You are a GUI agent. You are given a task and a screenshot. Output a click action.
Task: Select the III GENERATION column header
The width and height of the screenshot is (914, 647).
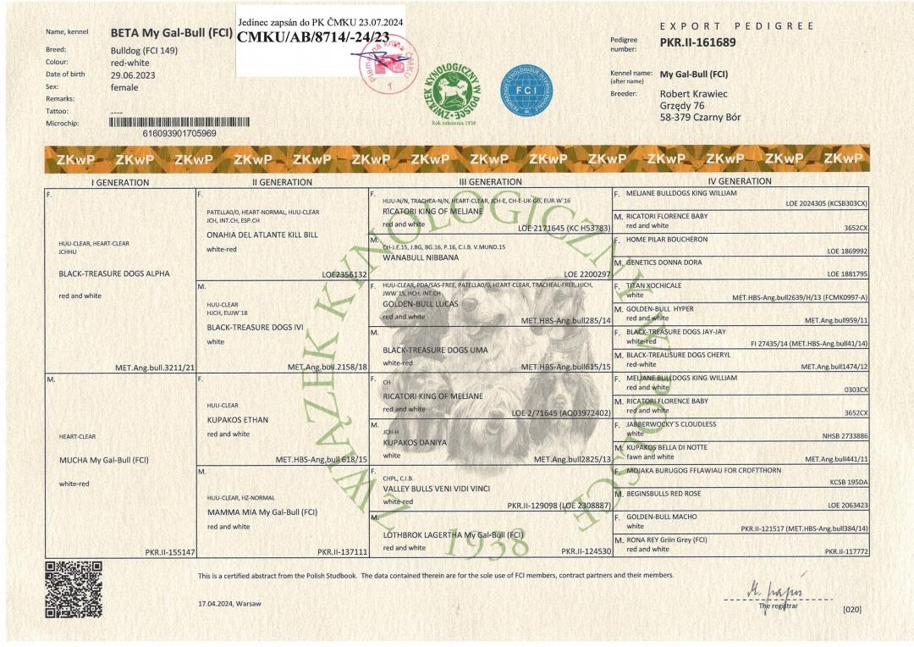point(490,181)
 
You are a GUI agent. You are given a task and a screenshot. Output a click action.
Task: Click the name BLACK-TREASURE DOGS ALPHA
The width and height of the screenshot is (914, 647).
point(113,274)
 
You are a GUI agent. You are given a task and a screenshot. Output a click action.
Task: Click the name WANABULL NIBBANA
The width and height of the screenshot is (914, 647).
point(421,257)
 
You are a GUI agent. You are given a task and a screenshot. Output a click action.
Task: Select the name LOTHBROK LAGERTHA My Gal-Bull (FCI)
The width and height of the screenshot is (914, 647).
point(453,534)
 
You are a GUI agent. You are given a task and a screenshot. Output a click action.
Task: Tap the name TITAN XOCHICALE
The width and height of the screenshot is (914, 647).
point(653,286)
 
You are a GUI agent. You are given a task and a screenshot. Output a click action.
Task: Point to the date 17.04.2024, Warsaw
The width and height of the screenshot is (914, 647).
point(229,603)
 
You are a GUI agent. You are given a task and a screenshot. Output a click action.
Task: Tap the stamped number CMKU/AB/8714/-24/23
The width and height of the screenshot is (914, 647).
point(313,37)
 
